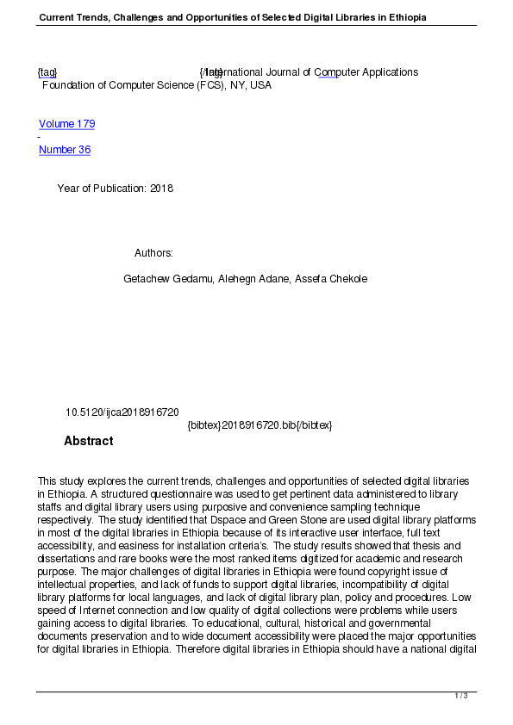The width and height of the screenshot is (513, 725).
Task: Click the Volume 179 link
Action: click(x=66, y=124)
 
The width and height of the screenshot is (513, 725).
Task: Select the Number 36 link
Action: click(x=65, y=150)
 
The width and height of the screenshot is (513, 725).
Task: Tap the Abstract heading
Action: click(x=88, y=441)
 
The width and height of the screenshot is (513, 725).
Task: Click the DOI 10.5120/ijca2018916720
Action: click(x=122, y=412)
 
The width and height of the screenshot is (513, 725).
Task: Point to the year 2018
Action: click(x=161, y=189)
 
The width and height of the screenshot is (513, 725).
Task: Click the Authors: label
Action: click(x=153, y=253)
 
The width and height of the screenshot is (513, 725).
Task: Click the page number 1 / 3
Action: click(x=461, y=696)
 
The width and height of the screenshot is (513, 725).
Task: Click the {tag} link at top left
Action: click(x=47, y=72)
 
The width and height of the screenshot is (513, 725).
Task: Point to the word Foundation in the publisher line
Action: click(x=69, y=85)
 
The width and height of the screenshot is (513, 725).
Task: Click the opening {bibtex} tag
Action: click(x=203, y=425)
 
